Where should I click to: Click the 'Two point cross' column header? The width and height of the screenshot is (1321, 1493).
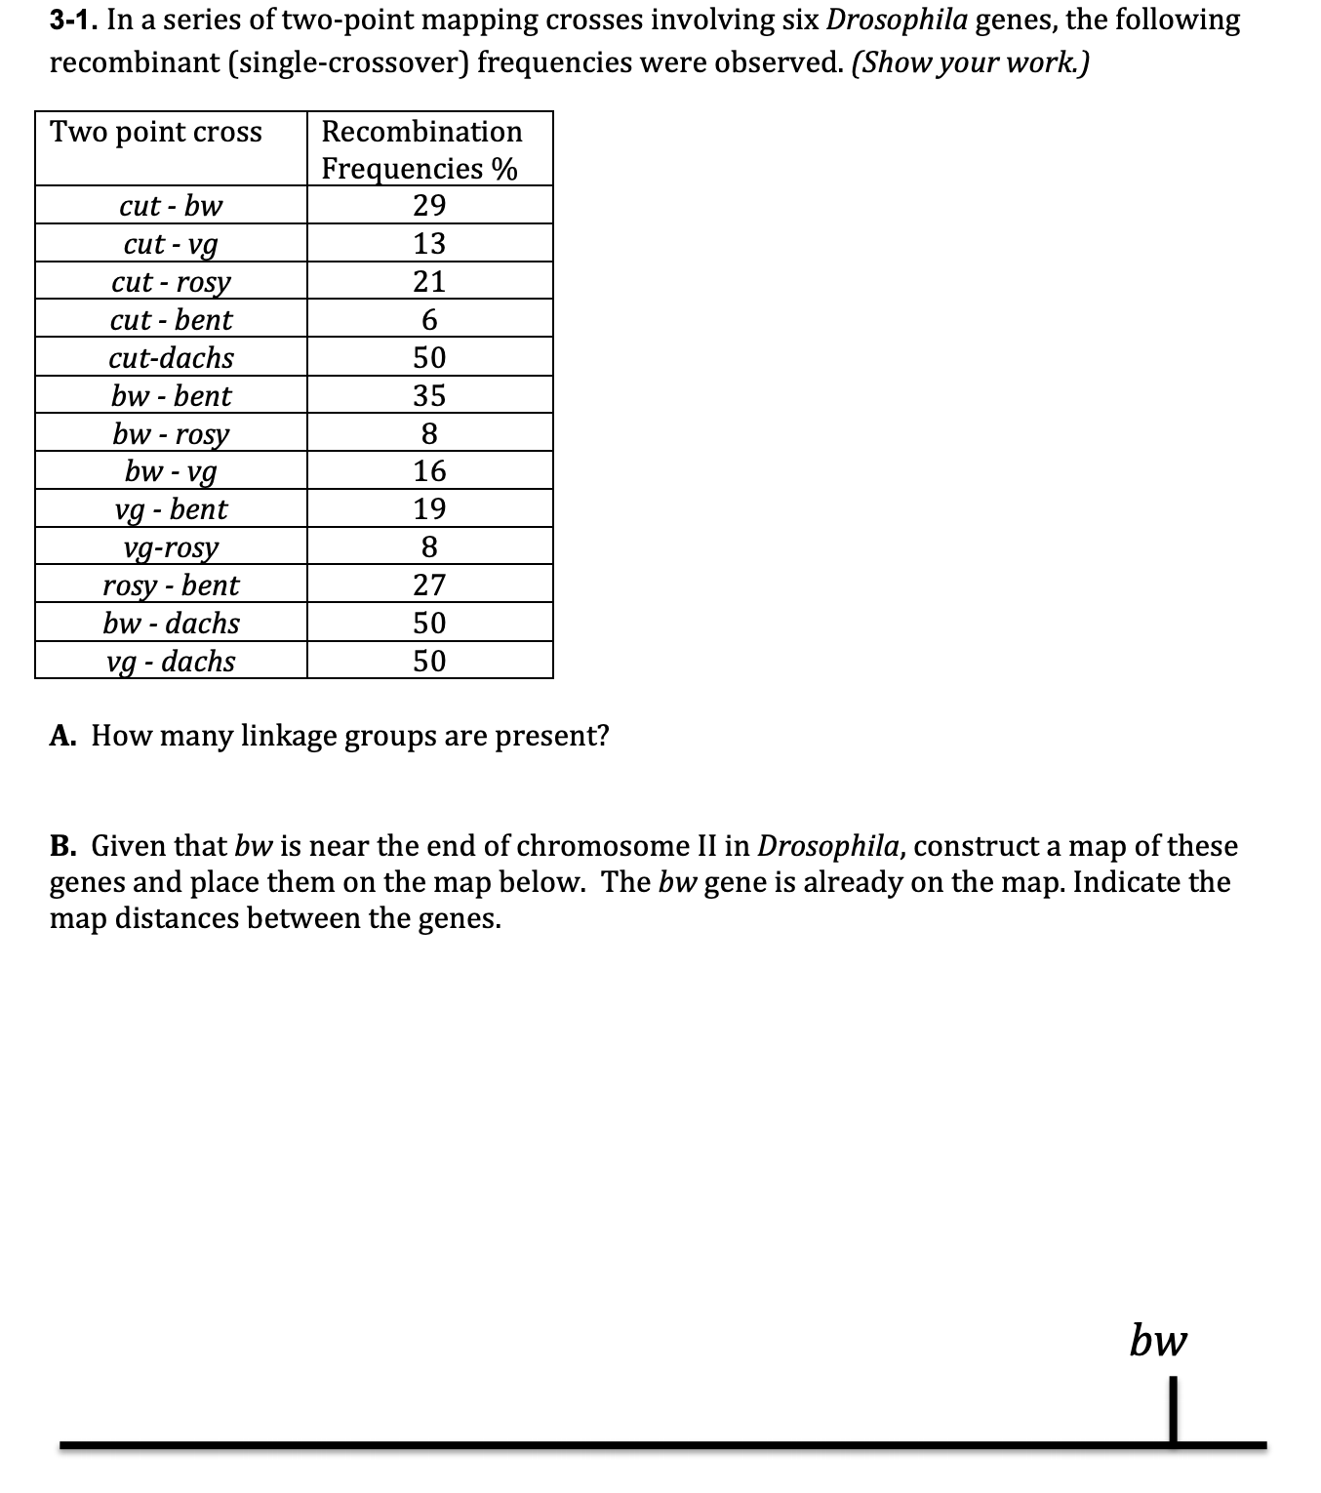click(156, 132)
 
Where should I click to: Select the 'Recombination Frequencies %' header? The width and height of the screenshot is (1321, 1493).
click(421, 149)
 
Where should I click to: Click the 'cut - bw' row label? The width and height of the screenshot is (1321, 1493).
click(171, 206)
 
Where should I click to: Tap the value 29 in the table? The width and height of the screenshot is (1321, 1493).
click(429, 206)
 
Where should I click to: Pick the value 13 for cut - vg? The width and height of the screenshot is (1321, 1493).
click(429, 243)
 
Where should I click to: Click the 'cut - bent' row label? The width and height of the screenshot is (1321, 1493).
click(171, 320)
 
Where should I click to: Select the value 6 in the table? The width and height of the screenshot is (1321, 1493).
click(429, 320)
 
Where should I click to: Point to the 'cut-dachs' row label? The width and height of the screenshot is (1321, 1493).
click(171, 358)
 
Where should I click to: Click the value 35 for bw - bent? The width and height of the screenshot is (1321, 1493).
click(429, 395)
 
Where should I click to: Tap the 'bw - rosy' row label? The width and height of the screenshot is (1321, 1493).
click(171, 433)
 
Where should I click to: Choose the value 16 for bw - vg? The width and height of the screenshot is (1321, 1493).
click(429, 471)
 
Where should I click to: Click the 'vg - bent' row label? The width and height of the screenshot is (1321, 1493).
click(171, 509)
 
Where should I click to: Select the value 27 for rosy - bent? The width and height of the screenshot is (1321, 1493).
click(429, 585)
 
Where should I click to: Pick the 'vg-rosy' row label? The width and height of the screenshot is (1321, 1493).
click(171, 547)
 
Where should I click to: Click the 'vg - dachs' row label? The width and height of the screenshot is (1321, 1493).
click(171, 662)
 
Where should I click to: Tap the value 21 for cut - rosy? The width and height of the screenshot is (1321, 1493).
click(429, 281)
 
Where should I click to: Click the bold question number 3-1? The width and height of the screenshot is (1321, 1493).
click(72, 20)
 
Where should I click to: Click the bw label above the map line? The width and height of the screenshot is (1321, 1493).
click(1158, 1340)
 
